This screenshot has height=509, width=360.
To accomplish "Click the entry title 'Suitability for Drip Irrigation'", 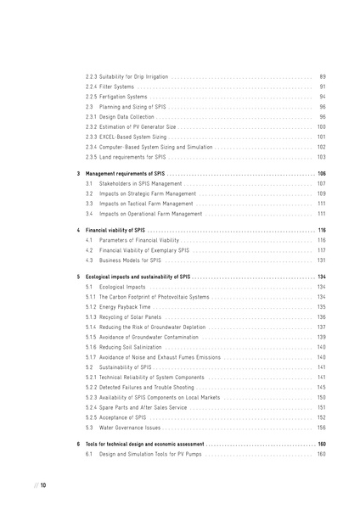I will click(132, 77).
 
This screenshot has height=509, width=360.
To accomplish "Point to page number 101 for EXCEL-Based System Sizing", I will click(321, 137).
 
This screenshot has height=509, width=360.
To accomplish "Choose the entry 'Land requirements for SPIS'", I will click(132, 156).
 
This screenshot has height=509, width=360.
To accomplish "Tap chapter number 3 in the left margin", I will click(78, 173).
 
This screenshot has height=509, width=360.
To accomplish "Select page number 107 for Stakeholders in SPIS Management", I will click(321, 183).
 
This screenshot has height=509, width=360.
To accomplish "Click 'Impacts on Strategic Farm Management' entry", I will click(146, 193).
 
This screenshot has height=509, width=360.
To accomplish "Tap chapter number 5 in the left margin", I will click(78, 277).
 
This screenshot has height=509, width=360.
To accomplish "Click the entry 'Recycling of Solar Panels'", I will click(128, 316).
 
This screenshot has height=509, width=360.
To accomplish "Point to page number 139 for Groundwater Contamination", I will click(321, 337).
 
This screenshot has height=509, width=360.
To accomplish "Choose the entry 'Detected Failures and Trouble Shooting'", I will click(146, 387).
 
